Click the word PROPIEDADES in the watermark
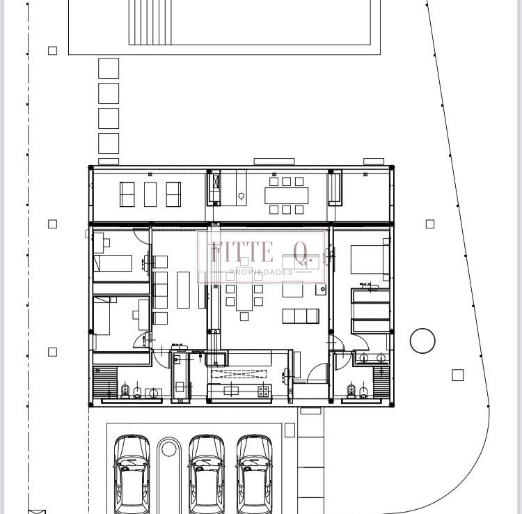(261, 272)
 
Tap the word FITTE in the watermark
(242, 251)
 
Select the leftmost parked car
(132, 474)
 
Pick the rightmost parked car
(254, 474)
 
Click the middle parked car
(207, 474)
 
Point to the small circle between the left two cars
(169, 449)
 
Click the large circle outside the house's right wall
(422, 341)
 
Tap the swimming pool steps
(150, 22)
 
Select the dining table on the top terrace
(286, 196)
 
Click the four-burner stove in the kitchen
(263, 391)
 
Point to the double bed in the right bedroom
(370, 260)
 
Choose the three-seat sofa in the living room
(301, 316)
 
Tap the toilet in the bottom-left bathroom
(125, 391)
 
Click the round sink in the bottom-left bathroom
(154, 394)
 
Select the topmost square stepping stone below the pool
(109, 68)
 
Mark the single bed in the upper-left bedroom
(113, 263)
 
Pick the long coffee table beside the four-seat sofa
(183, 290)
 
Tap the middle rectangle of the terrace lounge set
(150, 194)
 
